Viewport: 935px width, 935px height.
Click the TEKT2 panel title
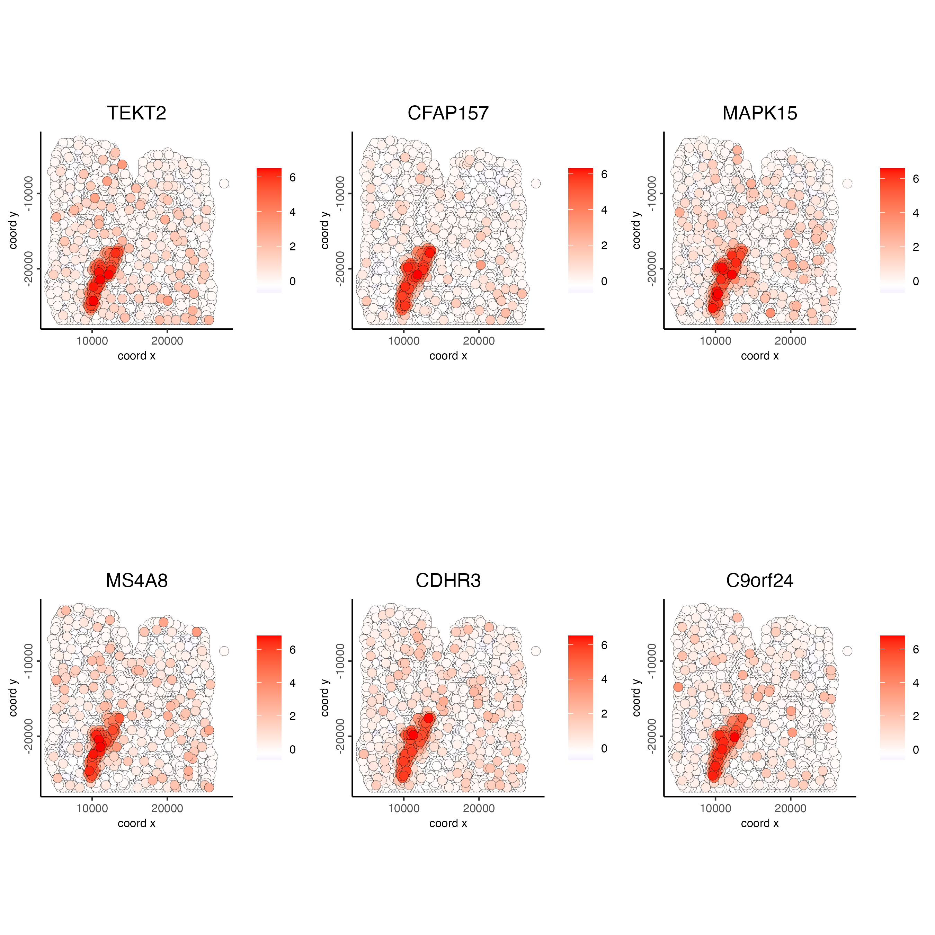(136, 113)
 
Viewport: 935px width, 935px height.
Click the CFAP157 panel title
(448, 113)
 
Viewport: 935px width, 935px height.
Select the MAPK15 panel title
(760, 113)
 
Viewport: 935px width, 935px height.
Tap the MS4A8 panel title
(136, 580)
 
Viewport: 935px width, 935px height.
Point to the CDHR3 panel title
(448, 580)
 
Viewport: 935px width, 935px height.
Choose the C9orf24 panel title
(760, 580)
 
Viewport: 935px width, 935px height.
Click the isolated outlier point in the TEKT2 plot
(224, 184)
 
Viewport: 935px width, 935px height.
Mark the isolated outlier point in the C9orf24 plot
(847, 651)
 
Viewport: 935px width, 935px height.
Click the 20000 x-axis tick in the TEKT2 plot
(167, 341)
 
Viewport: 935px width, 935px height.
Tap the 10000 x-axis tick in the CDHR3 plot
(404, 808)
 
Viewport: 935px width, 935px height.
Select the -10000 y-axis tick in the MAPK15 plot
(652, 194)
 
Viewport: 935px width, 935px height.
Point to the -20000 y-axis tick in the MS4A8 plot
(28, 736)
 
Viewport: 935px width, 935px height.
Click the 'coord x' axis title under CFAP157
(448, 356)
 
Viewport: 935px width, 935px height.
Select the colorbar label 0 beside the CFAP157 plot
(604, 281)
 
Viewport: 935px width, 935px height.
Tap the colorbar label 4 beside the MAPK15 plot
(916, 213)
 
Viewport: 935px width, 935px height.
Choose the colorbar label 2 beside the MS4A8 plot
(292, 716)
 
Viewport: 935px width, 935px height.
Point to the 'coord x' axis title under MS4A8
(136, 823)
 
